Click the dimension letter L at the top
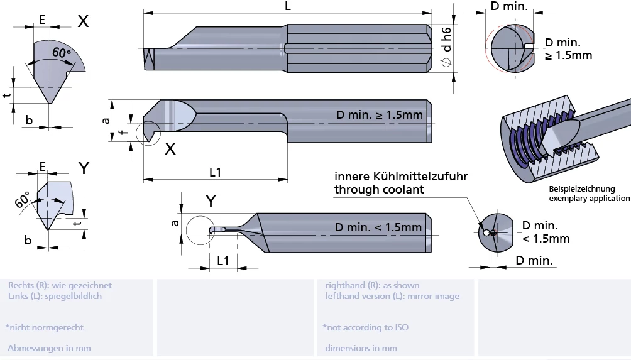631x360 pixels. click(x=287, y=6)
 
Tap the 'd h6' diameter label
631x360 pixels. click(x=447, y=40)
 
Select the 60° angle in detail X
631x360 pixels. click(x=62, y=53)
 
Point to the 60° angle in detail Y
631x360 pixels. click(x=23, y=200)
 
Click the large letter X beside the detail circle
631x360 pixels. click(x=170, y=149)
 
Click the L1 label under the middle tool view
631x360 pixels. click(x=216, y=172)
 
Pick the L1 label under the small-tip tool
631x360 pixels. click(x=223, y=261)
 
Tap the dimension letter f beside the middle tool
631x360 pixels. click(x=124, y=130)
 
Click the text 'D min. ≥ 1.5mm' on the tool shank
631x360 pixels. click(x=380, y=115)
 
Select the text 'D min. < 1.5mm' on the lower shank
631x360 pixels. click(x=378, y=227)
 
